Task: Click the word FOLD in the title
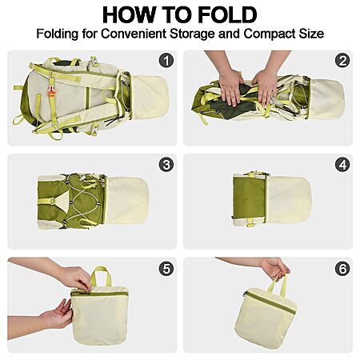(227, 15)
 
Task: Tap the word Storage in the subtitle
(192, 34)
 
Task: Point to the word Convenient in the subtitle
(134, 34)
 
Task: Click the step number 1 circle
(166, 61)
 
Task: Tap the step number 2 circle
(342, 61)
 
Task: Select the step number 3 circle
(166, 165)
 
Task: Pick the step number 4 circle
(342, 165)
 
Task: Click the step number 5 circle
(166, 269)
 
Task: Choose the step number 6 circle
(342, 269)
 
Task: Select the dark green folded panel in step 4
(249, 198)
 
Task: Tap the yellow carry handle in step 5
(101, 276)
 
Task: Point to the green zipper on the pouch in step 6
(270, 302)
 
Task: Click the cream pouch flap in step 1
(150, 98)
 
